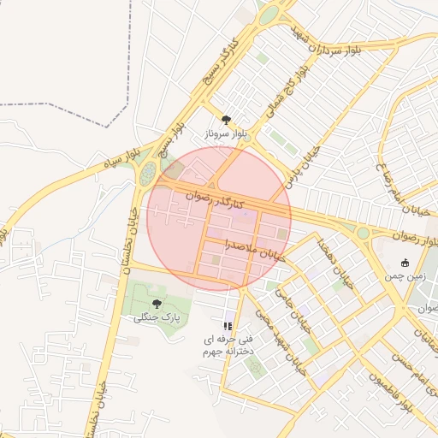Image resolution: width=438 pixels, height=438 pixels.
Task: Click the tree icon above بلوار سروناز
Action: (226, 121)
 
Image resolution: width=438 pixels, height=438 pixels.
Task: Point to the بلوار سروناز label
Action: (226, 135)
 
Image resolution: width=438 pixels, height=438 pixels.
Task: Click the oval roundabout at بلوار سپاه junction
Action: (149, 173)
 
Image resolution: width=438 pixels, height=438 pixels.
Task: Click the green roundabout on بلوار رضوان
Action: (363, 232)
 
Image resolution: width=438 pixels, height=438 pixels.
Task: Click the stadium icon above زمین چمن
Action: (405, 263)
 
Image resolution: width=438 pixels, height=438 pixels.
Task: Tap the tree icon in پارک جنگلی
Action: (157, 304)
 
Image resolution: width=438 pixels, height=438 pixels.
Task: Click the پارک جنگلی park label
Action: (157, 318)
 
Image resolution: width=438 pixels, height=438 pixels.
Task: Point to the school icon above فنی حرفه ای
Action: (227, 326)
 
